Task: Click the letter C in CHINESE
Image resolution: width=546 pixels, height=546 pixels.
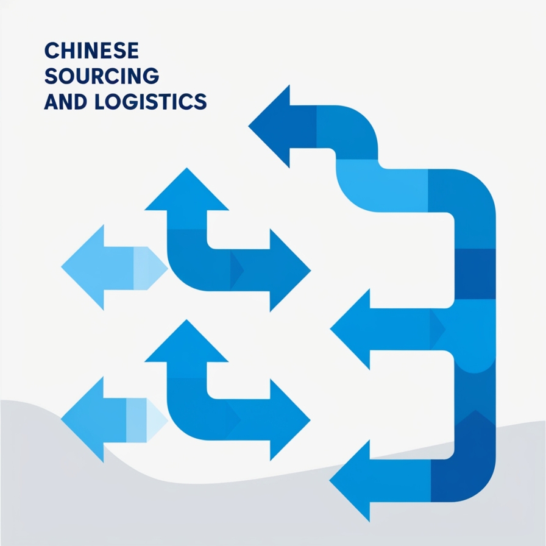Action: [51, 49]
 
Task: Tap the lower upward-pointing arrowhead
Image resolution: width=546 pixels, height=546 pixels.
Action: [186, 342]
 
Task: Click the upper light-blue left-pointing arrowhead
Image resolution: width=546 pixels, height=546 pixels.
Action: [85, 268]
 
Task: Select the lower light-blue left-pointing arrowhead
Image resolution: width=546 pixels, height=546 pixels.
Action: [85, 419]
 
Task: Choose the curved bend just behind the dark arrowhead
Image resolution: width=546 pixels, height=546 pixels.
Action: [360, 128]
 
